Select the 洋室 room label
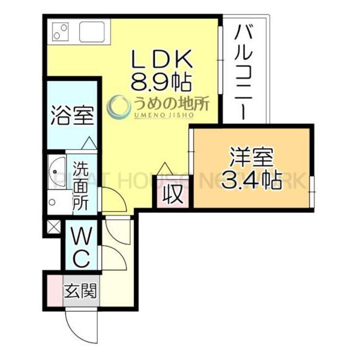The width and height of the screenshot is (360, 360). [x=251, y=158]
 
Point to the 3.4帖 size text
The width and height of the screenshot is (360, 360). [x=251, y=179]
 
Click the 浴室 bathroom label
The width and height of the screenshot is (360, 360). [x=72, y=115]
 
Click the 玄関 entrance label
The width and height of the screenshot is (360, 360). [x=80, y=292]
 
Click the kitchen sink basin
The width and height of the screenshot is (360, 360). [x=93, y=31]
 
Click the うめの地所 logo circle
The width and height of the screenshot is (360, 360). [x=119, y=106]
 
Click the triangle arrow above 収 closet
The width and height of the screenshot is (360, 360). [x=165, y=167]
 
